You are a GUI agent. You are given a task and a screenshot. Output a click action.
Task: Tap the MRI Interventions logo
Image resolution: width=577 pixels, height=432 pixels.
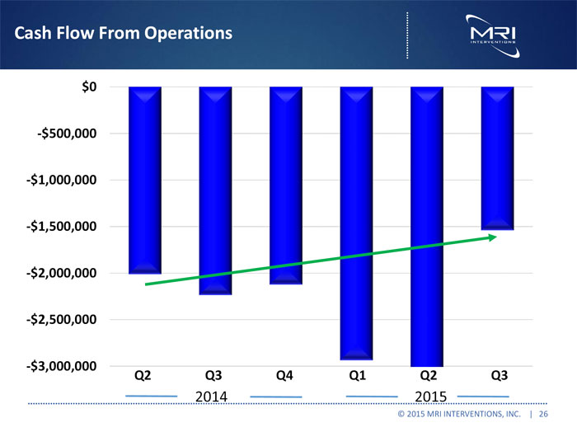[x=492, y=33]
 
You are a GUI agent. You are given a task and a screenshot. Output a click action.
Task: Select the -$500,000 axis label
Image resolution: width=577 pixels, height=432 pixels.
[x=68, y=134]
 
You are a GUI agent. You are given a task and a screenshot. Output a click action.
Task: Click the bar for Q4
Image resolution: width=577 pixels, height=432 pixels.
[x=285, y=185]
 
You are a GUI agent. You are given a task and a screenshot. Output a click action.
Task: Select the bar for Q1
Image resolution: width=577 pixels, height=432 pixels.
[x=356, y=223]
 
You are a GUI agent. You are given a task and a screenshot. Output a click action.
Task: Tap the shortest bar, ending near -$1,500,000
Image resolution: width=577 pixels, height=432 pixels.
[x=497, y=157]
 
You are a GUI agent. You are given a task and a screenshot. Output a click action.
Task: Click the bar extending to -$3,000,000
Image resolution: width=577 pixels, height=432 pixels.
[x=426, y=226]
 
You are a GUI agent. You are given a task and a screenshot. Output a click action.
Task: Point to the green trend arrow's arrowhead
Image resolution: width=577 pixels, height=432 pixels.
[x=492, y=237]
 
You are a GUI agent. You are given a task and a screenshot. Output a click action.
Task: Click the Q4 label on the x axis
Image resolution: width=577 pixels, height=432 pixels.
[x=284, y=377]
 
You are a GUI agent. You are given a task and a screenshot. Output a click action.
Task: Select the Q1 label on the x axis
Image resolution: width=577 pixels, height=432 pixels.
[x=356, y=377]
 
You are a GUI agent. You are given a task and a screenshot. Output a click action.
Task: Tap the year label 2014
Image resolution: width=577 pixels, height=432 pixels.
[x=213, y=397]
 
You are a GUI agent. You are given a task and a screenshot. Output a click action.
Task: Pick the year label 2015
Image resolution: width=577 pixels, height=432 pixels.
[x=426, y=397]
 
